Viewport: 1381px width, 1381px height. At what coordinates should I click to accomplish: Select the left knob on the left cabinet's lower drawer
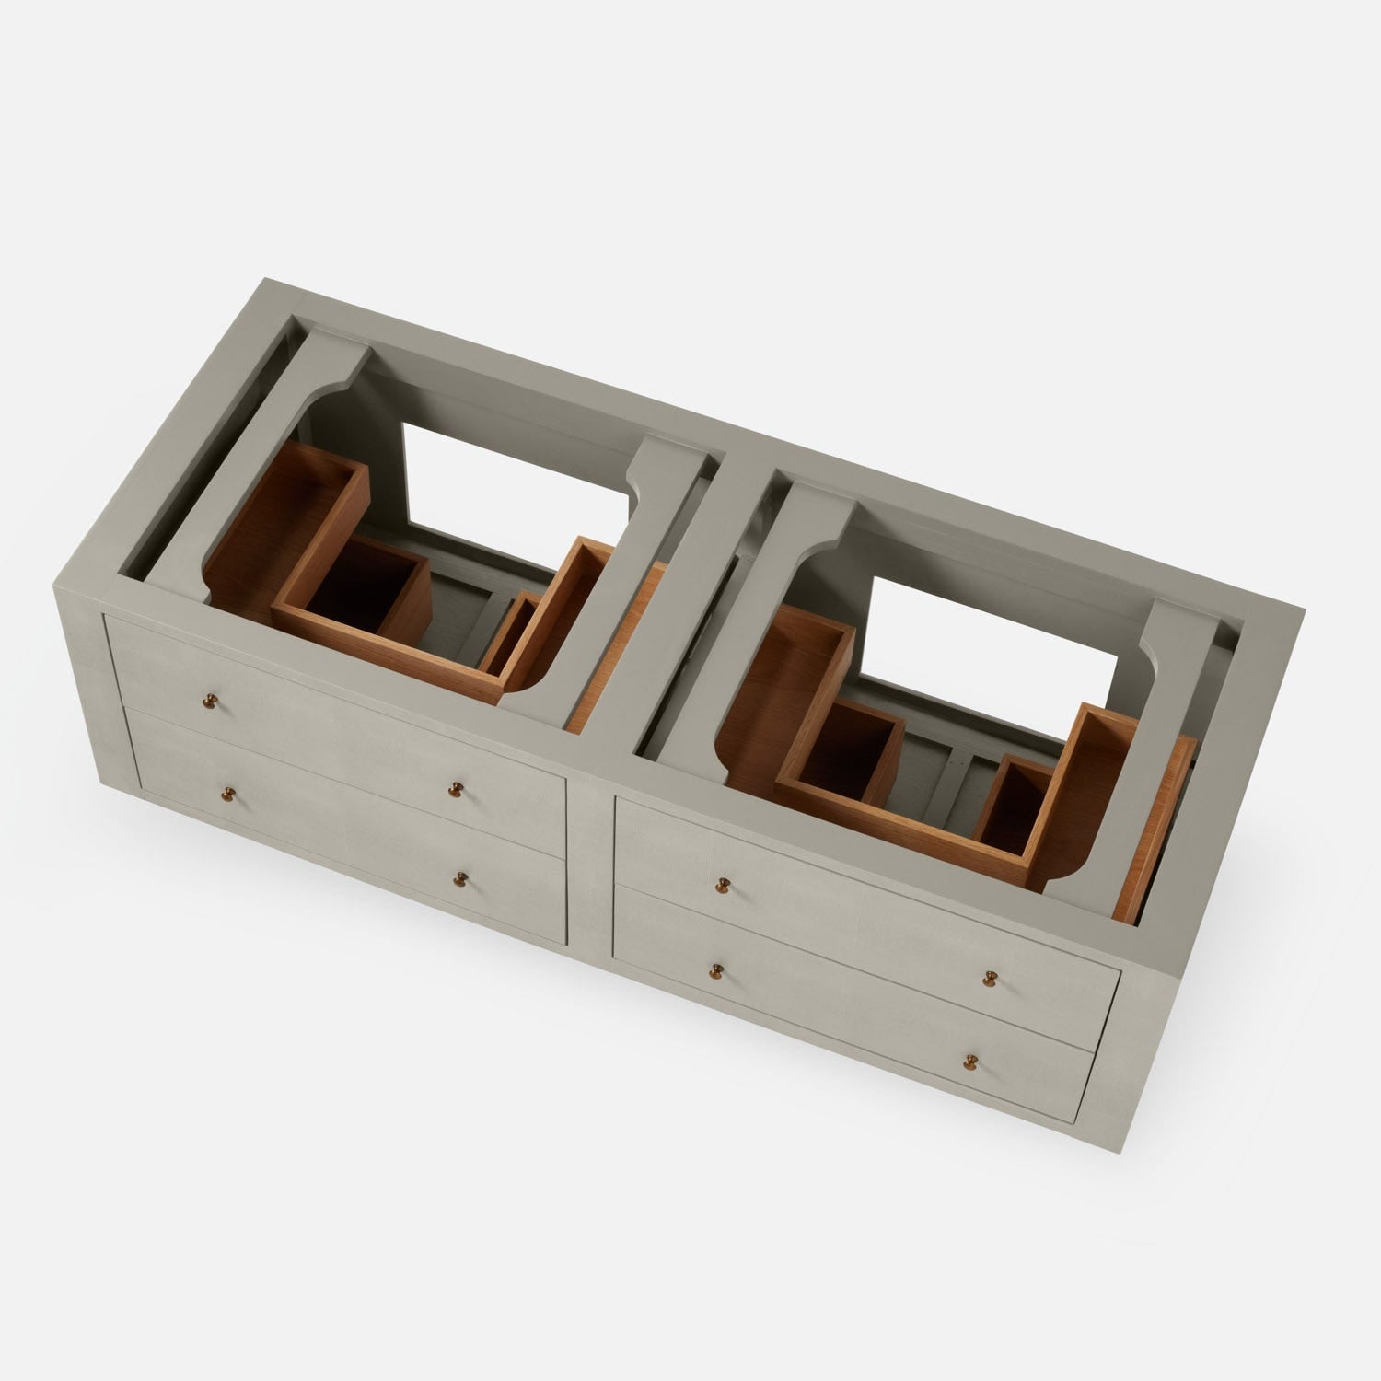(226, 794)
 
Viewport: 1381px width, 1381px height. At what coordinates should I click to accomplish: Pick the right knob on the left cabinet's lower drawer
(460, 878)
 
